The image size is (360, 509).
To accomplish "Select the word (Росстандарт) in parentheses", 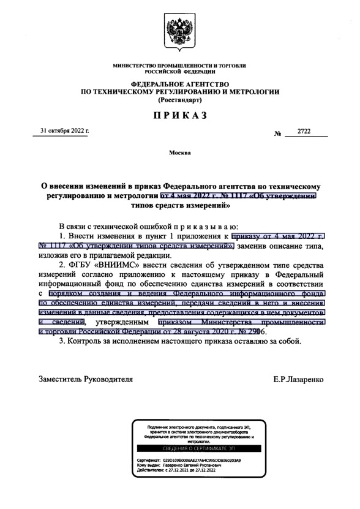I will (x=180, y=99).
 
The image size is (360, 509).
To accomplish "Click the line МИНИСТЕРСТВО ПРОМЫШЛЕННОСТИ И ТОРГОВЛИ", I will (x=180, y=65).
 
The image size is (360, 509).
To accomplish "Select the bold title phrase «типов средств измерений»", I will (x=180, y=206).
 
